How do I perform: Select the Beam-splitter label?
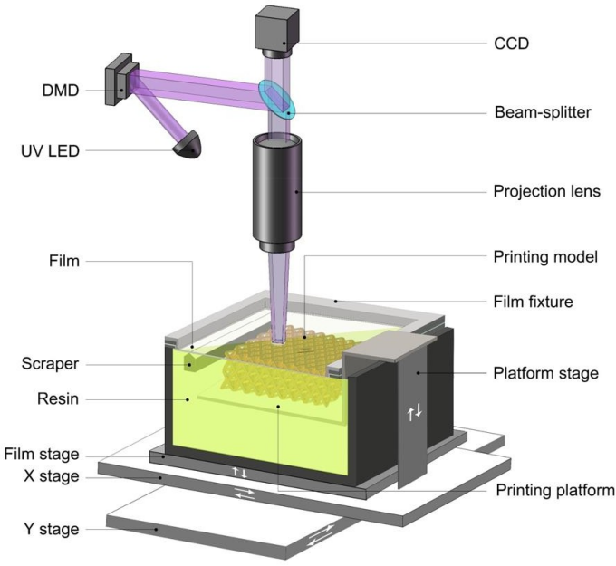point(542,113)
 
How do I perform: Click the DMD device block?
point(119,80)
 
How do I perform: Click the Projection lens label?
point(546,192)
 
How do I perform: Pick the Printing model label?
point(545,257)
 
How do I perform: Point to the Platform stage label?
point(544,373)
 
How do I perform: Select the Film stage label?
point(42,455)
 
